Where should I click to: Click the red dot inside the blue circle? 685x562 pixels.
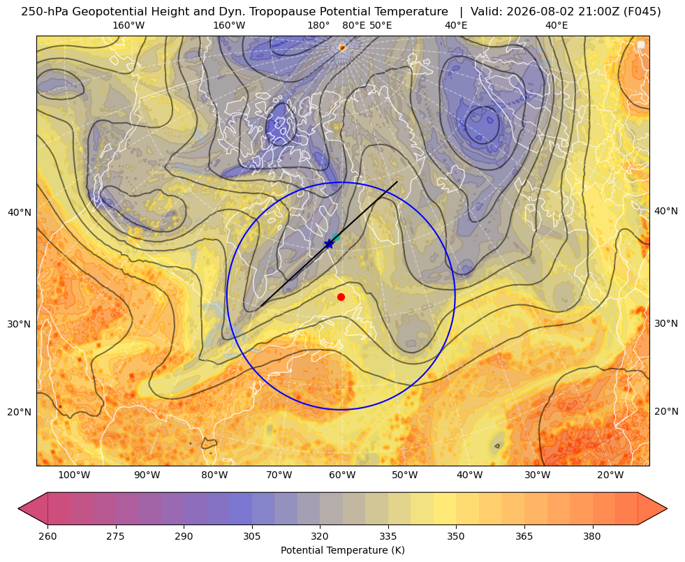pos(341,297)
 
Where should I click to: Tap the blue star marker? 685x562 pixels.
pos(329,244)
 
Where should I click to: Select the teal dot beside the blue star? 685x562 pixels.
pos(336,237)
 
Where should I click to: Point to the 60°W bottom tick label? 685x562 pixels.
pos(342,475)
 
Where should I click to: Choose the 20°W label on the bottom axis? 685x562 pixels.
pos(610,475)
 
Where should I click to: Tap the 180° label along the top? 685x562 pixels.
pos(318,25)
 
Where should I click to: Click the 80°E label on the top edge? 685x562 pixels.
pos(354,25)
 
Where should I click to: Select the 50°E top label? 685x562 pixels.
pos(381,25)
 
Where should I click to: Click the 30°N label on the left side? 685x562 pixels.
pos(20,324)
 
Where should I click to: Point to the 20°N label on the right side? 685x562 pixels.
pos(666,411)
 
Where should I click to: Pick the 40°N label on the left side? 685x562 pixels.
pos(20,212)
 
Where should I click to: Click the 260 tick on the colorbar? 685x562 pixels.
pos(47,536)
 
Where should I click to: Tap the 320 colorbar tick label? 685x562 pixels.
pos(320,536)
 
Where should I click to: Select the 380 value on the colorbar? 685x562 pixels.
pos(592,536)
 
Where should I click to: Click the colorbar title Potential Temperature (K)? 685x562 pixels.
pos(342,550)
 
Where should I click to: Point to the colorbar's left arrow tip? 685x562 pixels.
pos(19,508)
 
